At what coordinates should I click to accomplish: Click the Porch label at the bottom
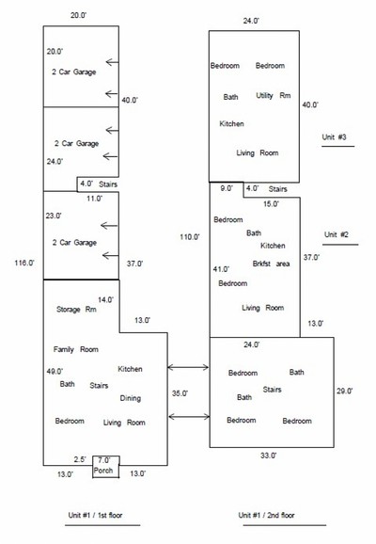tap(103, 471)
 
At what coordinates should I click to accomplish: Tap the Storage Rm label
tap(76, 309)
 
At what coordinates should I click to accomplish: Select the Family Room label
tap(76, 349)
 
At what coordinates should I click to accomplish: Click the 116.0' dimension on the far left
tap(24, 263)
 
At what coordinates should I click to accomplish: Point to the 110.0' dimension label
tap(190, 237)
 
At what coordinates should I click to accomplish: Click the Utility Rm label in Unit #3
tap(274, 95)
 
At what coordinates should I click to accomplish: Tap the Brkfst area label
tap(271, 264)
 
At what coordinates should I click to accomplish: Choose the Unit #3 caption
tap(334, 137)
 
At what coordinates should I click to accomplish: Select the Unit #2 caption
tap(337, 234)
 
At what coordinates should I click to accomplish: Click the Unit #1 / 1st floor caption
tap(95, 515)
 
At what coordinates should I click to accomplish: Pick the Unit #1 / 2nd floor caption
tap(267, 515)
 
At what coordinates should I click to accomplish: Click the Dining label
tap(131, 398)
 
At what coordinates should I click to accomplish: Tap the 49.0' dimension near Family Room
tap(55, 372)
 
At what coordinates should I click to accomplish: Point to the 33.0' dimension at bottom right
tap(268, 456)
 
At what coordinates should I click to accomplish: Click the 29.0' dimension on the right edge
tap(344, 391)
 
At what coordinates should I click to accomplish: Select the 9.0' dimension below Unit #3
tap(227, 188)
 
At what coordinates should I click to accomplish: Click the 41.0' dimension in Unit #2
tap(221, 269)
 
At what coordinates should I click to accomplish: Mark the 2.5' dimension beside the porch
tap(80, 459)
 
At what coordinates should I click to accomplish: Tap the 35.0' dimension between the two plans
tap(180, 393)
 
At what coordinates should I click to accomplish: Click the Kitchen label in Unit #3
tap(231, 124)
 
